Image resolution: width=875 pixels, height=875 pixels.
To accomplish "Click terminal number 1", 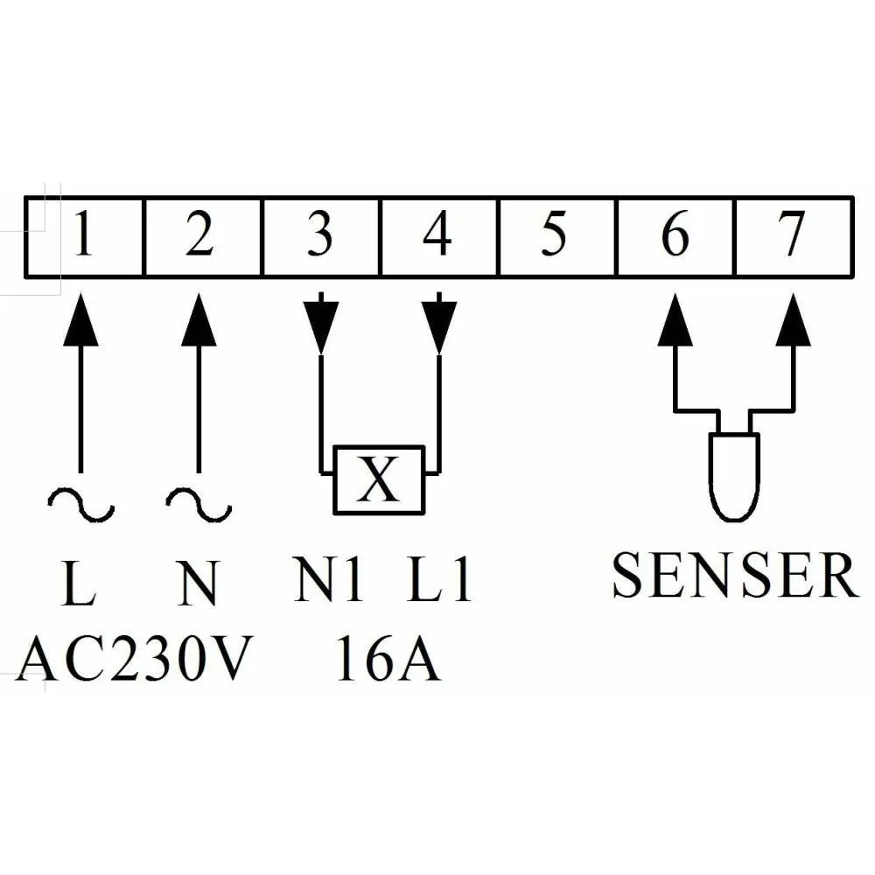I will point(84,236).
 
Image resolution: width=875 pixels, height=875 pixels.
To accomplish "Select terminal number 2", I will point(200,236).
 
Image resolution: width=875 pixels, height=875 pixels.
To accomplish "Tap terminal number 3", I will point(320,236).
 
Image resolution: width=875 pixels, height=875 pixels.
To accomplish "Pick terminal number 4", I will point(437,236).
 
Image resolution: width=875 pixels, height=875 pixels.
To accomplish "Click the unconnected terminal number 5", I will point(554,236).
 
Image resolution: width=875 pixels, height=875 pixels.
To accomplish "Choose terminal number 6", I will point(675,236).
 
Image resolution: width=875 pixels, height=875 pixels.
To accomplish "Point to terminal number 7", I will point(791,236).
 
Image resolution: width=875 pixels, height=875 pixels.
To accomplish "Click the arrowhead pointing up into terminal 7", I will point(794,319).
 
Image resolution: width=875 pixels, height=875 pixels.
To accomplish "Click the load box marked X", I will point(378,479).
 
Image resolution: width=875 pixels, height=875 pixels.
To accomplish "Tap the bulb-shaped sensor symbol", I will point(734,472).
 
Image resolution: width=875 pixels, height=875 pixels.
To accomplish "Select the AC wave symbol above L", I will point(80,505).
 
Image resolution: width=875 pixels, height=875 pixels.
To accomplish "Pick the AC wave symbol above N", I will point(199,505).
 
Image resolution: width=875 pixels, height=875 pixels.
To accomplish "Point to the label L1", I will point(440,579).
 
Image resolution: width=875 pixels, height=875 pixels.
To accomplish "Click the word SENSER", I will point(733,575).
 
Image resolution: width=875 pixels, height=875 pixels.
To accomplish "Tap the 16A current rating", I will point(388,661).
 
